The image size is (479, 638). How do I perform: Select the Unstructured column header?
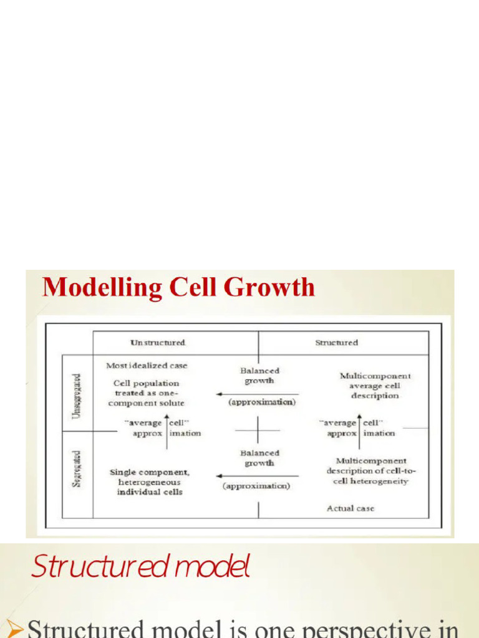click(158, 343)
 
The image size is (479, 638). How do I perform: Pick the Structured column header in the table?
click(336, 343)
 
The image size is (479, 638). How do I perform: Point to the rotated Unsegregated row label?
click(77, 396)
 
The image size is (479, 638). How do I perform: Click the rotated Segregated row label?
click(77, 469)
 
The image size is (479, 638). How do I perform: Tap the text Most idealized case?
click(147, 366)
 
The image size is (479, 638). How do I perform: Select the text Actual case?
click(351, 508)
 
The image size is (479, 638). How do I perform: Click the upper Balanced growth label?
click(259, 376)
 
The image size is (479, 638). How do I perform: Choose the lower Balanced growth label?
click(259, 459)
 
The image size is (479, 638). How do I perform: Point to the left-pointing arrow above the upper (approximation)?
click(257, 394)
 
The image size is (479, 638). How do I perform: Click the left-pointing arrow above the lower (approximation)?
click(257, 476)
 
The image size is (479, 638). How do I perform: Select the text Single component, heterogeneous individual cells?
click(150, 482)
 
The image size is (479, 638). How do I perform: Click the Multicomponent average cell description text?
click(375, 386)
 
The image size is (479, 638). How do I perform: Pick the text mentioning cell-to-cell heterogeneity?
click(367, 471)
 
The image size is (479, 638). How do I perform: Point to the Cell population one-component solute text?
click(148, 393)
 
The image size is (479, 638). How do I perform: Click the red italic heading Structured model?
click(140, 568)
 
